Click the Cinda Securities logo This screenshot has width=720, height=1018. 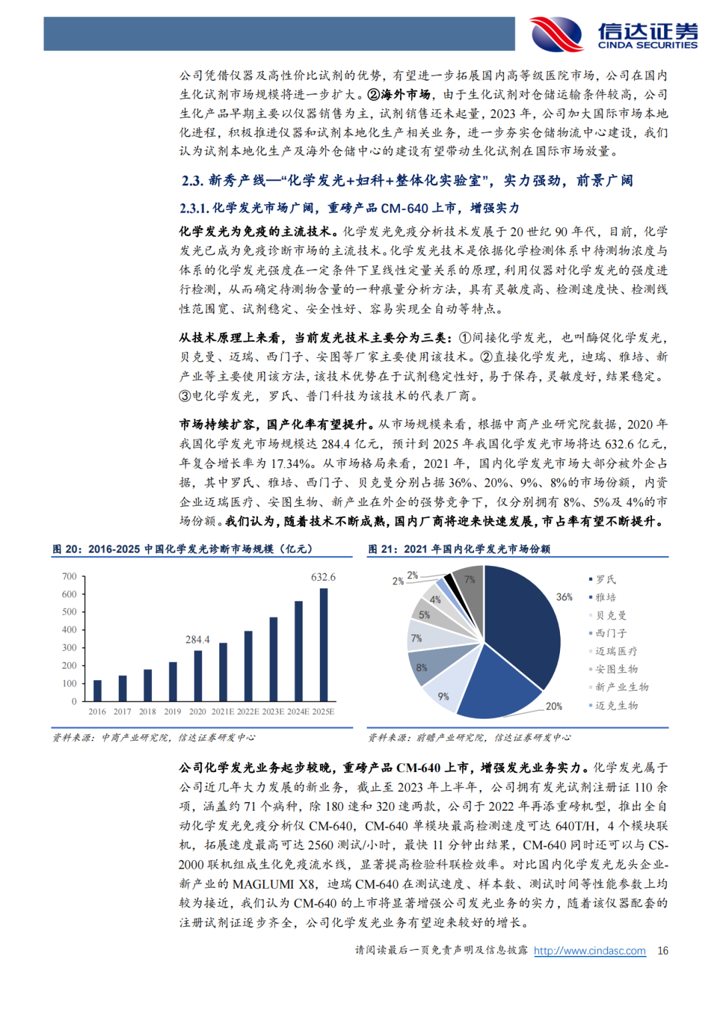613,33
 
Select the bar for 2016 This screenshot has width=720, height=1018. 97,691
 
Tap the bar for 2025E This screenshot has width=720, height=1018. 324,645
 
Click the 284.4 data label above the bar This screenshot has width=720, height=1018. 197,639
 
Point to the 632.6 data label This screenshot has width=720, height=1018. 323,577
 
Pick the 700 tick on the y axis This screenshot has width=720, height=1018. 69,576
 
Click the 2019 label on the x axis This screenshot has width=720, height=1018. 173,712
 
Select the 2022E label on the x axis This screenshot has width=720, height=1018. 248,712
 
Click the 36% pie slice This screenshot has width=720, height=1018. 527,620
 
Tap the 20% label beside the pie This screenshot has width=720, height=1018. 554,706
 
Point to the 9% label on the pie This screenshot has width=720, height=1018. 443,697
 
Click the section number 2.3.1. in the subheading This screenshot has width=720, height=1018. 194,209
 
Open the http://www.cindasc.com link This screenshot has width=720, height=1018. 589,951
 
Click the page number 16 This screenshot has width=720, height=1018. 663,951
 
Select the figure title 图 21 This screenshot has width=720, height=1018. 382,549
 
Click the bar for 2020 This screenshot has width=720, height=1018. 198,675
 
